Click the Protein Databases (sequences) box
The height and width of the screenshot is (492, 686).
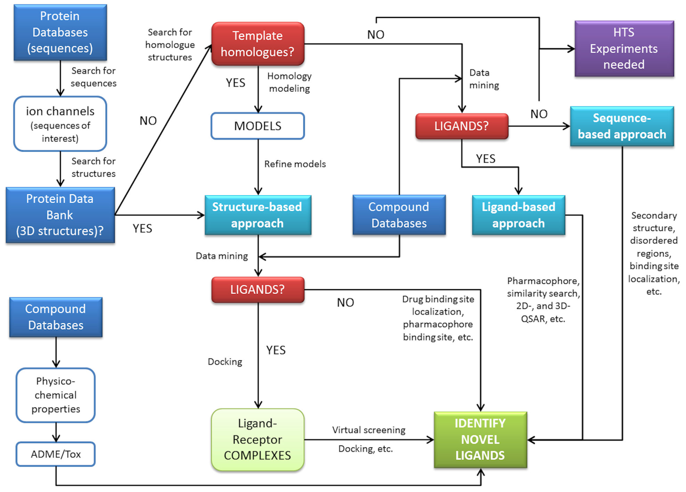[x=60, y=32]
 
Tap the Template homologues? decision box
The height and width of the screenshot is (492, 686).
[x=258, y=44]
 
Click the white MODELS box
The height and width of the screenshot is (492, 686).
[x=258, y=126]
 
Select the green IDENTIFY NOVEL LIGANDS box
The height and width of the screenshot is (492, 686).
[x=480, y=439]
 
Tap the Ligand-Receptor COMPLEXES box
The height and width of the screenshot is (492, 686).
[x=257, y=439]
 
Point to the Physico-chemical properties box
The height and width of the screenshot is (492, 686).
[x=56, y=395]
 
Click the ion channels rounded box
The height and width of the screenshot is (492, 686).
[x=60, y=124]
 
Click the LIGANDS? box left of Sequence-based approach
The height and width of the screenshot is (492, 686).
[x=462, y=126]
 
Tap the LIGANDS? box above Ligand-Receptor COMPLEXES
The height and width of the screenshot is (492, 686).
[x=258, y=290]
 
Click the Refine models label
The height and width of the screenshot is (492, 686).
[x=295, y=164]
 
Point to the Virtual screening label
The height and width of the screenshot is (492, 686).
[x=368, y=430]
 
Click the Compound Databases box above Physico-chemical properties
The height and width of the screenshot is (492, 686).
[x=56, y=317]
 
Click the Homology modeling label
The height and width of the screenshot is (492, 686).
[x=289, y=82]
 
